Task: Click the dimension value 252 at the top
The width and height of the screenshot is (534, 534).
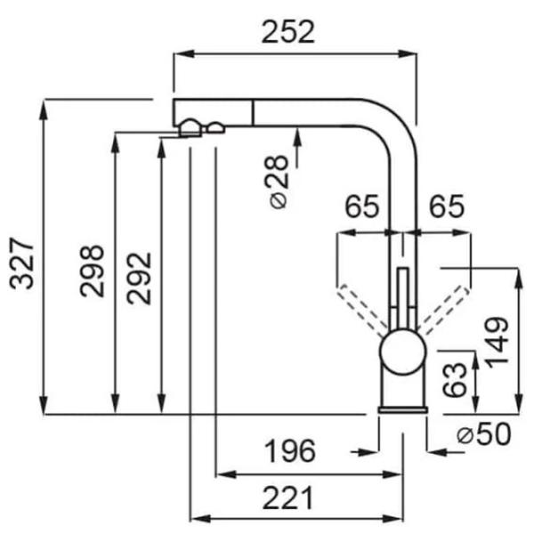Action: [287, 32]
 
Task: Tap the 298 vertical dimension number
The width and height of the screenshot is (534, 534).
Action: [92, 271]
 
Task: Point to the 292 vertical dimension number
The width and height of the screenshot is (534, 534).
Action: [139, 279]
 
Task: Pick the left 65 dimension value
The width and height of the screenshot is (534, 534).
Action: [361, 206]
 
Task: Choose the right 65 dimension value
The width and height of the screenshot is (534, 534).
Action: [447, 206]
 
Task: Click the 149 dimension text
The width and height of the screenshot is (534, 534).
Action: [498, 343]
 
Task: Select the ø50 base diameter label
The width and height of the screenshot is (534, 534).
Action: [484, 434]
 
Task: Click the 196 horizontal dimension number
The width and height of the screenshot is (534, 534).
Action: [290, 451]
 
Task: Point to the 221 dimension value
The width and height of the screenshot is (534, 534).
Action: [287, 498]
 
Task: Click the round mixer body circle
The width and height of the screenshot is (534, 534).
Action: [403, 352]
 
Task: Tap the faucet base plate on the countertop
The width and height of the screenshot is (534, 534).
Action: [403, 409]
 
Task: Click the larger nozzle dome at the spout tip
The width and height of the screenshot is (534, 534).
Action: [190, 128]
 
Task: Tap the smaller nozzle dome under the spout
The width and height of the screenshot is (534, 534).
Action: [216, 127]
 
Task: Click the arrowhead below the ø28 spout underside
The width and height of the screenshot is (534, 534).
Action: [297, 133]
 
